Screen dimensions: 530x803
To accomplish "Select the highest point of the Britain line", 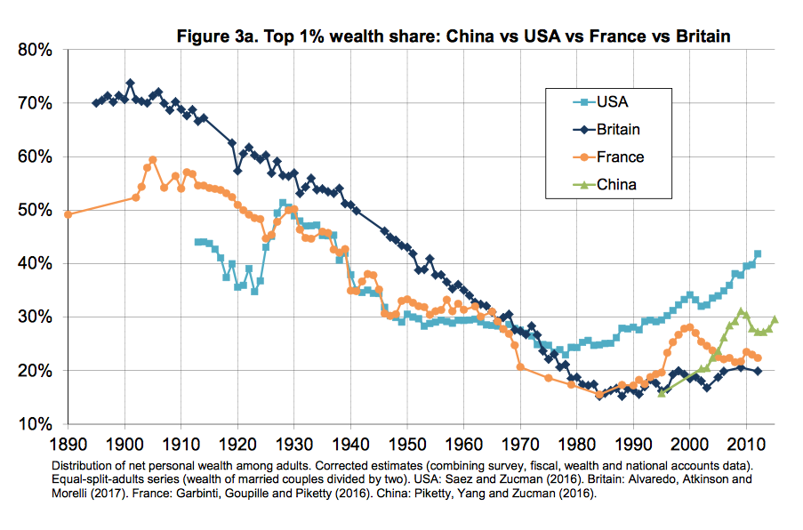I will click(130, 83).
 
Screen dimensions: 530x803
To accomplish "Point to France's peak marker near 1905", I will click(153, 159).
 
